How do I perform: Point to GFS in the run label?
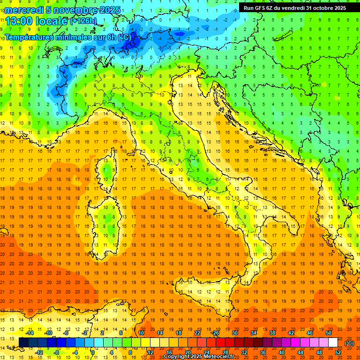pos(262,8)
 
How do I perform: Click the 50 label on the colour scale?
pos(328,333)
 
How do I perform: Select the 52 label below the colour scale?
pos(338,352)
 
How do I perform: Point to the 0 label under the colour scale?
pos(93,352)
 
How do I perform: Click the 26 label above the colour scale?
pos(216,333)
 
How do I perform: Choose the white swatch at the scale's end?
pos(333,343)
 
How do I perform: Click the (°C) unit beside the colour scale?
pos(349,343)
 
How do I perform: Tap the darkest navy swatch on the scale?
pos(23,343)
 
